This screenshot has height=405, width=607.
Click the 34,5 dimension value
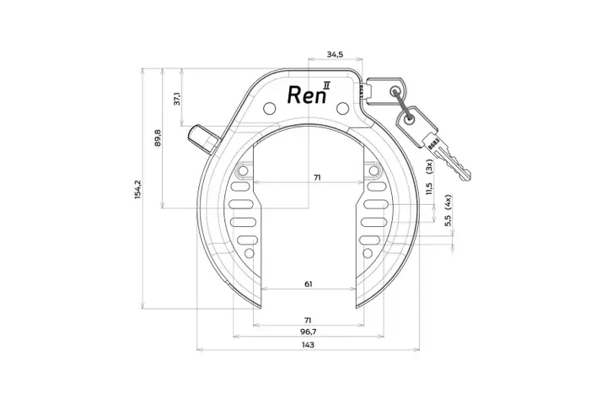[335, 54]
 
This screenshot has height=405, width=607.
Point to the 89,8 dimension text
[158, 138]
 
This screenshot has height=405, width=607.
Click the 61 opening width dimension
[309, 284]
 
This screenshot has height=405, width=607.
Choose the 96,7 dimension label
[309, 332]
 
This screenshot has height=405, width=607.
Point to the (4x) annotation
[448, 201]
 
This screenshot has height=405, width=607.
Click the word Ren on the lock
[303, 94]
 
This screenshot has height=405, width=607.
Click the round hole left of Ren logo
[269, 108]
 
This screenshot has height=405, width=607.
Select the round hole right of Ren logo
[341, 108]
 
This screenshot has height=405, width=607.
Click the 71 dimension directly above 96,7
[309, 320]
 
